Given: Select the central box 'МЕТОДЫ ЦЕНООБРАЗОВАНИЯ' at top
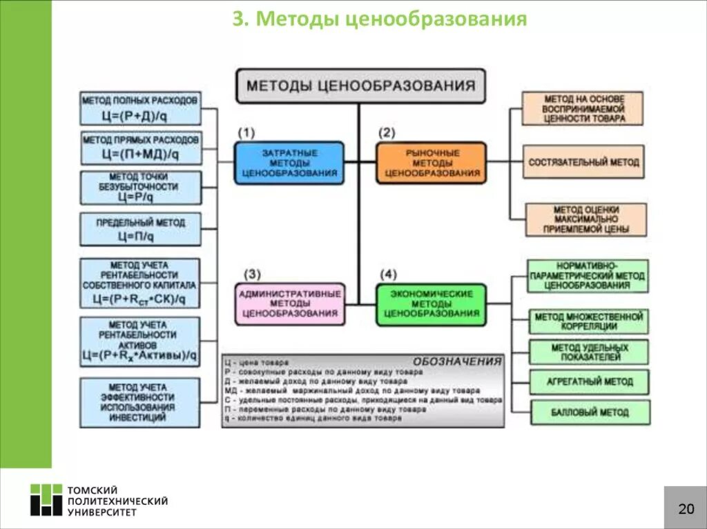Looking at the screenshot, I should (x=360, y=86).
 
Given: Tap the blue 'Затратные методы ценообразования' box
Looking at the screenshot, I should (x=289, y=163).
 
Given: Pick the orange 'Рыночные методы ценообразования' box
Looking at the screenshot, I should (x=432, y=163).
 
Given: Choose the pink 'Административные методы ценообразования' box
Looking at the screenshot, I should (x=289, y=303).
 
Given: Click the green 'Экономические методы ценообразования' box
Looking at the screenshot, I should (x=432, y=303).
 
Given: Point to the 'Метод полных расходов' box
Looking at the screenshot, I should (x=139, y=108).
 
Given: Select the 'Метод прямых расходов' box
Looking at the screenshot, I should (x=141, y=147).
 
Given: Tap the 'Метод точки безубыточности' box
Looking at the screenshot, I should (x=140, y=188).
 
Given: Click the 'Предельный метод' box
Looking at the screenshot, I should (x=140, y=229).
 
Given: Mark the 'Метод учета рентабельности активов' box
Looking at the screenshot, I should (x=139, y=341).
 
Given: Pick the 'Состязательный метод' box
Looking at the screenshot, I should (x=583, y=163).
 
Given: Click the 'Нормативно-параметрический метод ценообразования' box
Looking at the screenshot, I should (x=588, y=276).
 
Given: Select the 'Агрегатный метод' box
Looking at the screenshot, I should (x=590, y=381).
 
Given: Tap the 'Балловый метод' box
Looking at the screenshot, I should (x=590, y=412).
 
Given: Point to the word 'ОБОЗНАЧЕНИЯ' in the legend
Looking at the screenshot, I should (x=457, y=361).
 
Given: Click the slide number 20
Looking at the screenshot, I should (x=686, y=509).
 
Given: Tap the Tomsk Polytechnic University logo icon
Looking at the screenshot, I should (x=46, y=500).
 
